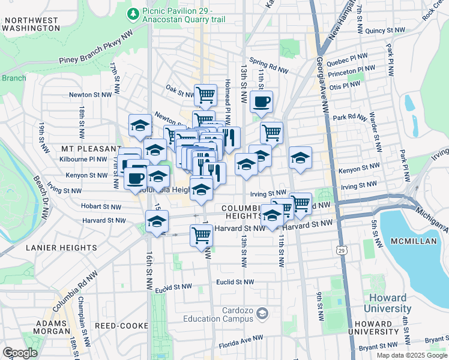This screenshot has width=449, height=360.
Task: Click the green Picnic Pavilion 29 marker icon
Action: (x=132, y=13)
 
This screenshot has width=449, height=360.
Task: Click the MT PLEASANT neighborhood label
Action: (x=90, y=148)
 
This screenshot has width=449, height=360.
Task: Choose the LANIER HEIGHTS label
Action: (x=61, y=247)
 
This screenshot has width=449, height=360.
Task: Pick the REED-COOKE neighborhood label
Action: (x=122, y=326)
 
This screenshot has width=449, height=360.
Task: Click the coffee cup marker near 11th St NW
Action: (x=261, y=102)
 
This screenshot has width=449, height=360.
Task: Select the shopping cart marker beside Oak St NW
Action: (x=205, y=95)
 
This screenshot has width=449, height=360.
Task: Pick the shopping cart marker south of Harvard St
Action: (x=201, y=235)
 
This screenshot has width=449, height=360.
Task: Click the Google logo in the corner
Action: (x=20, y=352)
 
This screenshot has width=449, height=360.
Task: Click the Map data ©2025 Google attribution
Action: (x=412, y=355)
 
